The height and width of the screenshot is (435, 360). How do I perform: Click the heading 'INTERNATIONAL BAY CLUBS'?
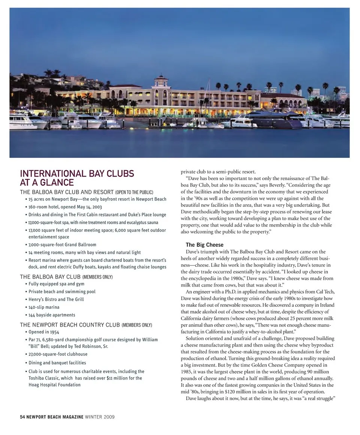point(77,174)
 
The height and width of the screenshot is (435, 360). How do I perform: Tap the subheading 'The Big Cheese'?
point(204,245)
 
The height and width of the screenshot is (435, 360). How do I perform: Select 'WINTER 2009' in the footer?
point(100,417)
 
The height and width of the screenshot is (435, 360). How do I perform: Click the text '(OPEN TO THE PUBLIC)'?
point(134,192)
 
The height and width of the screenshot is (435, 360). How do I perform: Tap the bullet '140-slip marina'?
point(44,307)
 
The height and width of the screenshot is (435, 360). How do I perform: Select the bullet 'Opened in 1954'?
point(44,332)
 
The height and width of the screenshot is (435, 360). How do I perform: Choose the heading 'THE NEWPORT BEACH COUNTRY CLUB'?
point(70,325)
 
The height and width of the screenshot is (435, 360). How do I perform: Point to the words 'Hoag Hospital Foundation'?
point(54,385)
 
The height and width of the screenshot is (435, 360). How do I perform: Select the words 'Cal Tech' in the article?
point(324,292)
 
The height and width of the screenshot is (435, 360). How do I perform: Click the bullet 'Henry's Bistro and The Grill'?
point(56,299)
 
